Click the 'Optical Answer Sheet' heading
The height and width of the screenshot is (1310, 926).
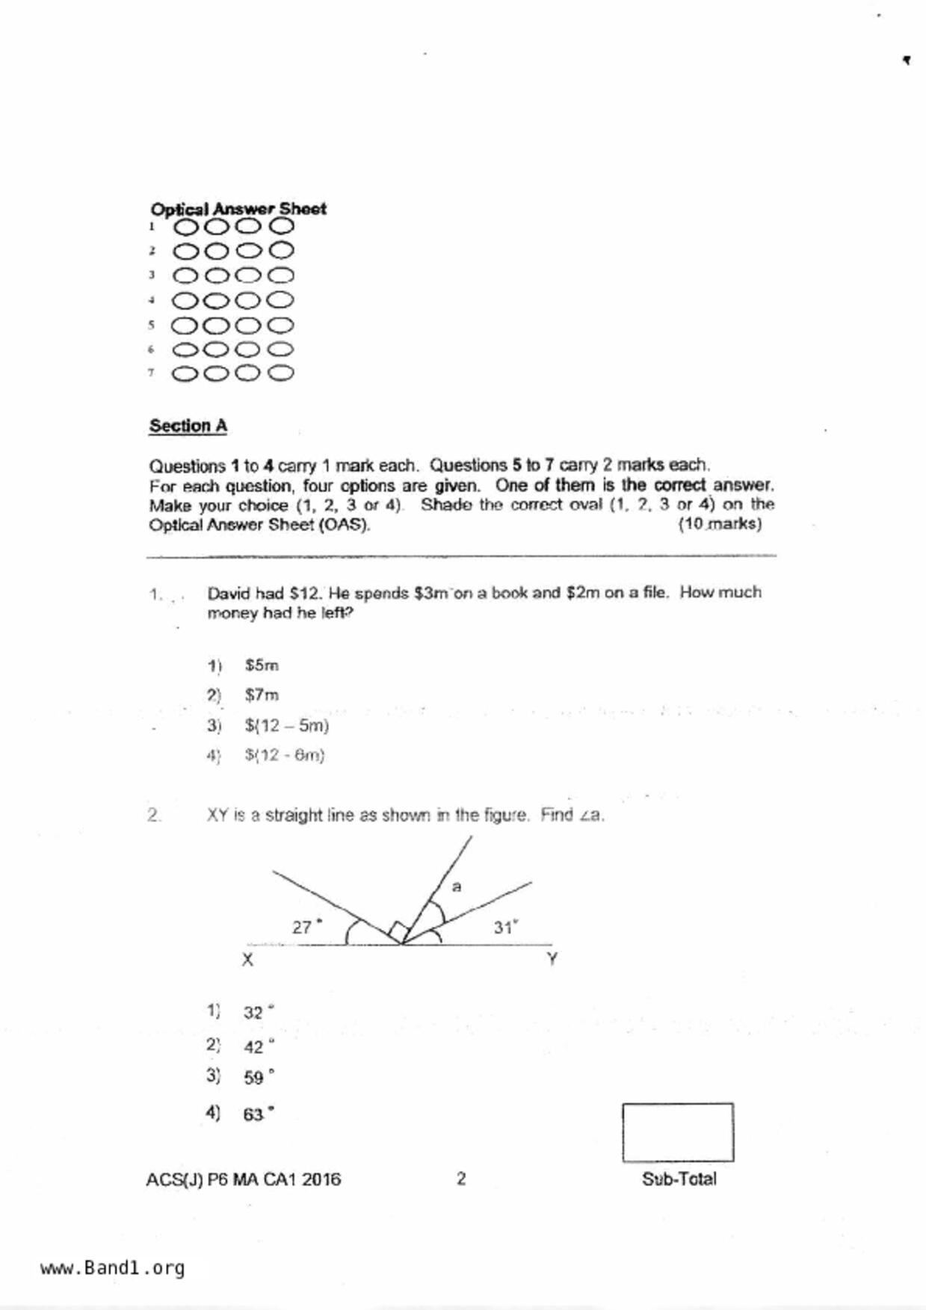coord(238,208)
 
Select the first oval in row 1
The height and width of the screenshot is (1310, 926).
coord(187,226)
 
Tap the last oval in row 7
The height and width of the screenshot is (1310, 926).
coord(281,373)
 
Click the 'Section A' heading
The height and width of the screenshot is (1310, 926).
coord(188,426)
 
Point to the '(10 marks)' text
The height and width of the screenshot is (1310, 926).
coord(720,524)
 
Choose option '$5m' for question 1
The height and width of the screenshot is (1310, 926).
coord(262,665)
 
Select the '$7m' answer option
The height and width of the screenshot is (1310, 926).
coord(262,695)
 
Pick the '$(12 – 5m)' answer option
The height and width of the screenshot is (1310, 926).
coord(287,725)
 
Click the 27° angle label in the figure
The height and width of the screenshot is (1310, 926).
coord(306,927)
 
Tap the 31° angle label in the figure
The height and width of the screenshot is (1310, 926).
coord(505,927)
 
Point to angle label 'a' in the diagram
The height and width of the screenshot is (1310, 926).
coord(457,887)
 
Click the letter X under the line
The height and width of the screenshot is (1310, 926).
coord(247,960)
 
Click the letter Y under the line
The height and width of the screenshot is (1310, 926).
coord(552,958)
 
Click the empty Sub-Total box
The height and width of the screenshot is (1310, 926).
coord(677,1132)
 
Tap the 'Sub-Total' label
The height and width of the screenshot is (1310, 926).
coord(679,1179)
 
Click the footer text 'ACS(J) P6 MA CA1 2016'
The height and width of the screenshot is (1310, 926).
coord(243,1179)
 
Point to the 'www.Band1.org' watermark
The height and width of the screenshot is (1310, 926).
coord(113,1267)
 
